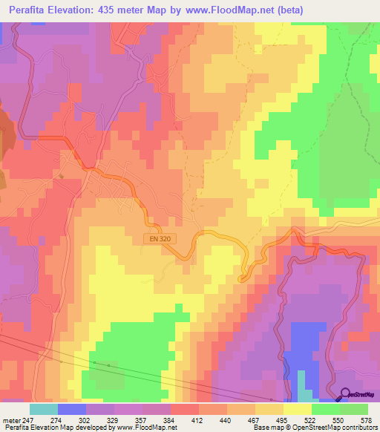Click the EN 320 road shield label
(154, 238)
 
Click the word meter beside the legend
(11, 420)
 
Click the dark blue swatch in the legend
(71, 409)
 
